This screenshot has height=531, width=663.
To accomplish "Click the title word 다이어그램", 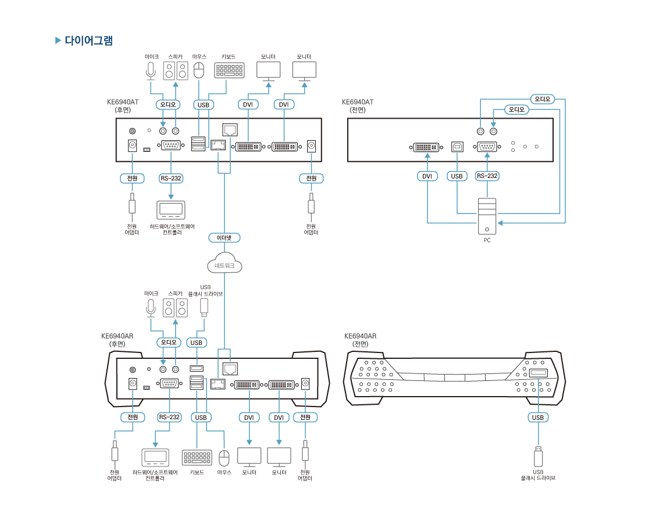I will pyautogui.click(x=88, y=41).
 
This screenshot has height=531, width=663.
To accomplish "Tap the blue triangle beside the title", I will pyautogui.click(x=58, y=41).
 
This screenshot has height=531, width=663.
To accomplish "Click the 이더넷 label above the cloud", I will pyautogui.click(x=224, y=237).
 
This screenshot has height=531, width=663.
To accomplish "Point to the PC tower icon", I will pyautogui.click(x=487, y=216).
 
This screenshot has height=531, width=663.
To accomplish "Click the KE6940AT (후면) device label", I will pyautogui.click(x=123, y=105).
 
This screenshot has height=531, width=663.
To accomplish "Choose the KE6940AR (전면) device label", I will pyautogui.click(x=360, y=340).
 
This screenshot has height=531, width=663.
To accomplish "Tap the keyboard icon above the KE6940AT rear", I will pyautogui.click(x=229, y=70).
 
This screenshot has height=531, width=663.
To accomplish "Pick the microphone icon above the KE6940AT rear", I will pyautogui.click(x=151, y=70).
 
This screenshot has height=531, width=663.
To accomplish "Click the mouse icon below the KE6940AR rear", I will pyautogui.click(x=224, y=458).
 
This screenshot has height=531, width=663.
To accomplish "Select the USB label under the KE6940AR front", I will pyautogui.click(x=538, y=417).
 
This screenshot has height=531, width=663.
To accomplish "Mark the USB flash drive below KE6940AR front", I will pyautogui.click(x=538, y=456).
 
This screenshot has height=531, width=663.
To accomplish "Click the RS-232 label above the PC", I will pyautogui.click(x=487, y=176).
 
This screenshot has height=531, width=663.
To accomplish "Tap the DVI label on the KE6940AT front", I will pyautogui.click(x=427, y=176).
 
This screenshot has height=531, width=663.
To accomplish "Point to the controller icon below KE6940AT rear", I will pyautogui.click(x=170, y=209).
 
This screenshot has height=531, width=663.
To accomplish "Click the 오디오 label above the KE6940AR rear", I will pyautogui.click(x=169, y=343).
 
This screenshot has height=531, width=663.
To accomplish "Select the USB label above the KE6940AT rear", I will pyautogui.click(x=203, y=105).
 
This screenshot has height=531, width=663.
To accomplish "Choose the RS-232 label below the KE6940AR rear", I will pyautogui.click(x=169, y=417).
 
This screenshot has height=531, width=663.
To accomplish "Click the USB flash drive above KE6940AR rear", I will pyautogui.click(x=204, y=307).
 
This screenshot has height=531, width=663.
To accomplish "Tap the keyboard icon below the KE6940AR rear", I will pyautogui.click(x=197, y=458).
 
